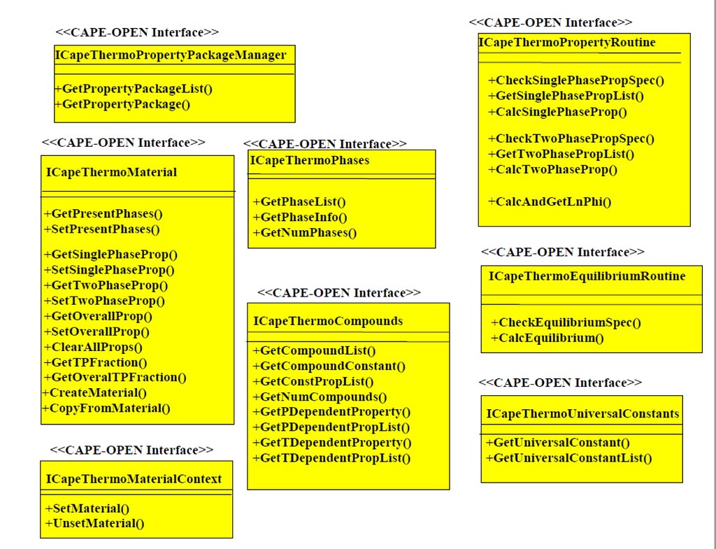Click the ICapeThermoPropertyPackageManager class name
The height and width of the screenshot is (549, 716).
tap(171, 55)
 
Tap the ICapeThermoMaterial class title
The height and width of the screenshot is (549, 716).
tap(112, 172)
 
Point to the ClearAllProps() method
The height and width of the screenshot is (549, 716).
tap(93, 347)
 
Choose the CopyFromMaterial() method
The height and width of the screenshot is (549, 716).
tap(106, 408)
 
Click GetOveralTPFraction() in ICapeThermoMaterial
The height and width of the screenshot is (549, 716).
tap(115, 378)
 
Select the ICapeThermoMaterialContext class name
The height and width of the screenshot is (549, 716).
tap(134, 479)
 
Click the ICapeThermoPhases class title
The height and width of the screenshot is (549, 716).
tap(310, 161)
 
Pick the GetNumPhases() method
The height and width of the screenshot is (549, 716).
tap(304, 233)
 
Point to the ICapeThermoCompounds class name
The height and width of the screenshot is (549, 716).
tap(328, 322)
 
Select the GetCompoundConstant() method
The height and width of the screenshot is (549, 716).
tap(329, 366)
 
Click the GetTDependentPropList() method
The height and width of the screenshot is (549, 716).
tap(331, 459)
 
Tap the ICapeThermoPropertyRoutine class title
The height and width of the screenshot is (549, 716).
tap(567, 43)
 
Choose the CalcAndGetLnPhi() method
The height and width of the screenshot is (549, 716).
tap(550, 202)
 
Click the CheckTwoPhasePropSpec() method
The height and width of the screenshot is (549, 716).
tap(571, 138)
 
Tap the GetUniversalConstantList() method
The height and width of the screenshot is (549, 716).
tap(568, 459)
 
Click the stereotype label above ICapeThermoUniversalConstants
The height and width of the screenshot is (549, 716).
tap(560, 383)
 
